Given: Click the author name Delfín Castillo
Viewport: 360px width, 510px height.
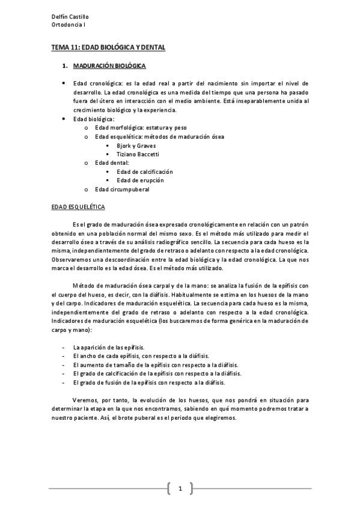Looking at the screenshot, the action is click(67, 16).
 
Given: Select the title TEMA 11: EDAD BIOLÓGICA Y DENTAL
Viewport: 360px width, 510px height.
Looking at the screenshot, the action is click(107, 46).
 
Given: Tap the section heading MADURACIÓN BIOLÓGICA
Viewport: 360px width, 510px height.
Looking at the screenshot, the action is click(109, 64).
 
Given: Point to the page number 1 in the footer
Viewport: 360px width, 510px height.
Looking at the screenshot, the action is click(180, 488).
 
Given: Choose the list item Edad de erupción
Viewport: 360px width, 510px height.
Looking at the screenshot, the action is click(140, 180).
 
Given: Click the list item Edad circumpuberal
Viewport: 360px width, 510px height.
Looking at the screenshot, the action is click(122, 189).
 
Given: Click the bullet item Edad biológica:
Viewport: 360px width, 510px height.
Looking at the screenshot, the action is click(93, 119).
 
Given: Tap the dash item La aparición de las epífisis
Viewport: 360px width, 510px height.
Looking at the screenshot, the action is click(112, 348).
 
